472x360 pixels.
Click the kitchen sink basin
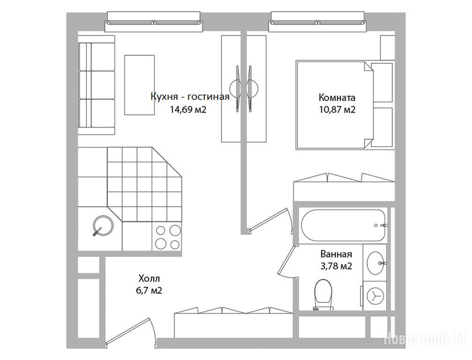[103, 225]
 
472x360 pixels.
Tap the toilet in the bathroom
[324, 294]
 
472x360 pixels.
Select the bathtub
[345, 225]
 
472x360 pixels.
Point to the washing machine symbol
[375, 296]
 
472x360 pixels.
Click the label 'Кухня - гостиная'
[190, 97]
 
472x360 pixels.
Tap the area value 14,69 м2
[188, 109]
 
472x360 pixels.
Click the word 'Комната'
[337, 97]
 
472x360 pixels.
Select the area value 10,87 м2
[337, 110]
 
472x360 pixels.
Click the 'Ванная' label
[336, 254]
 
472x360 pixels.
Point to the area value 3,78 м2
[336, 266]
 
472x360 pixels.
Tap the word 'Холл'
[149, 278]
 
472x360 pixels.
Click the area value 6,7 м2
[149, 291]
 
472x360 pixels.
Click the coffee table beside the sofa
[140, 85]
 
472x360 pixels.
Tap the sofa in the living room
[96, 85]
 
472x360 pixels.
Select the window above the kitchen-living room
[153, 22]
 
